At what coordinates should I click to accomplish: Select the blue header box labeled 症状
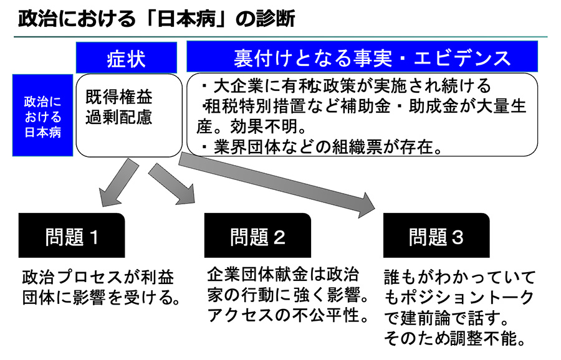[x=127, y=58]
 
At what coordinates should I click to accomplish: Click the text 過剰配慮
[x=119, y=118]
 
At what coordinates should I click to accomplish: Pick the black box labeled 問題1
[x=72, y=237]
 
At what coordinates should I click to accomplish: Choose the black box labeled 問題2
[x=257, y=237]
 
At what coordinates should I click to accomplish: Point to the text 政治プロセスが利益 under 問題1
[x=98, y=276]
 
